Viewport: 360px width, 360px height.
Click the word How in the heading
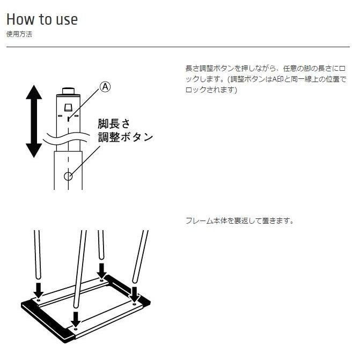(x=20, y=19)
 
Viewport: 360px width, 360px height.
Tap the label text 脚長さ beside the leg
(x=114, y=123)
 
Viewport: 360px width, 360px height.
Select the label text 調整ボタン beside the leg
(x=125, y=137)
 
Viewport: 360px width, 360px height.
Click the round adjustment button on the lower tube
(x=68, y=176)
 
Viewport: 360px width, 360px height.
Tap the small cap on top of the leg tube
(x=68, y=90)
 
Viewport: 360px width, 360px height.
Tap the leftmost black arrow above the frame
(x=38, y=289)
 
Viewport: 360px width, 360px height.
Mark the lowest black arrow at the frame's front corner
(x=76, y=318)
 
